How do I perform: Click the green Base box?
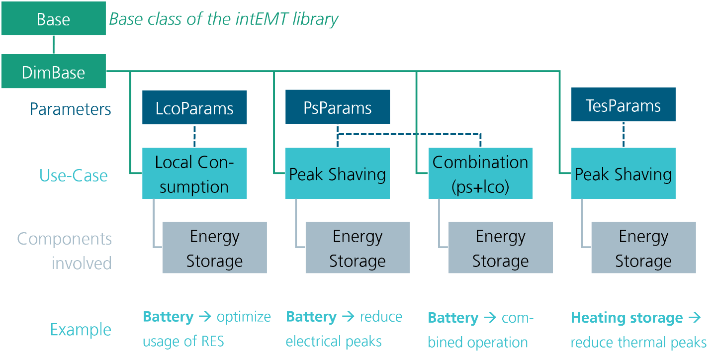(53, 19)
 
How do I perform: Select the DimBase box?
(53, 72)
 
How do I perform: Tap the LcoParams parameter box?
(194, 107)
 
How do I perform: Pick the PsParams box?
(337, 107)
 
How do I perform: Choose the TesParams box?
(623, 105)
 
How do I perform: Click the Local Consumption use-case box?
(194, 174)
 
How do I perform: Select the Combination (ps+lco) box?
(480, 174)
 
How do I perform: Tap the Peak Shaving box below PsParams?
(337, 174)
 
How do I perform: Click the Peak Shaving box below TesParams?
(623, 174)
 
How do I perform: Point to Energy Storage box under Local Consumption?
(215, 248)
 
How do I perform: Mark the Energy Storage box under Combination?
(500, 248)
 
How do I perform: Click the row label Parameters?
(70, 109)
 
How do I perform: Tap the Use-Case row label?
(74, 175)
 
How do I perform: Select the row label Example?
(81, 330)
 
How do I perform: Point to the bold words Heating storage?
(627, 318)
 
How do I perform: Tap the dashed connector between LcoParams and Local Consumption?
(194, 136)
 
